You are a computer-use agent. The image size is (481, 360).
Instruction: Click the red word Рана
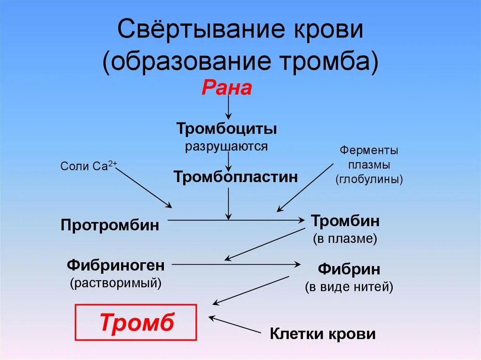pos(227,88)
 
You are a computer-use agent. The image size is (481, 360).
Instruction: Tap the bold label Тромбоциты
pos(226,129)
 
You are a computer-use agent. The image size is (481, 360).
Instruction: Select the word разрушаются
pos(226,146)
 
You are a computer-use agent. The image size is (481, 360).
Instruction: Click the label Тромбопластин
pos(235,177)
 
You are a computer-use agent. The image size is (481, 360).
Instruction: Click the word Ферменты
pos(369,151)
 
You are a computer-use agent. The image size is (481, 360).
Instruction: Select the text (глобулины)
pos(369,180)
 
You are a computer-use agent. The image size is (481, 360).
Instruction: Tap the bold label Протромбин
pos(110,225)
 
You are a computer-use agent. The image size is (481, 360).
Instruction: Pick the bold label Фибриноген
pos(116,265)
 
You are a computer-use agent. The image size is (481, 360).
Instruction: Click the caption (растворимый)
pos(116,283)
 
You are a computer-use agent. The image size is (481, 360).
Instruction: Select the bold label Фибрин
pos(349,269)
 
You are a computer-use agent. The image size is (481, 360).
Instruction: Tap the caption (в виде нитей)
pos(349,287)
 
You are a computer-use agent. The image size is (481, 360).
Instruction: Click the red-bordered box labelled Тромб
pos(136,322)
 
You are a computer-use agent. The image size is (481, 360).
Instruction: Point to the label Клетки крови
pos(323,334)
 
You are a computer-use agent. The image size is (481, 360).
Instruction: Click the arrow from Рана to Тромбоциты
pos(228,109)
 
